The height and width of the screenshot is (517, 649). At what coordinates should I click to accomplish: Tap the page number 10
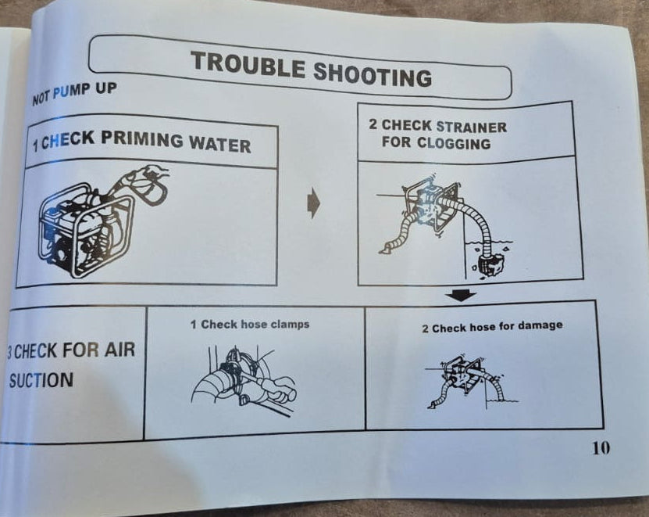click(601, 447)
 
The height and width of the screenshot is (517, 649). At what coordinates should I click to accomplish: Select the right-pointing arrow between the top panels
click(314, 203)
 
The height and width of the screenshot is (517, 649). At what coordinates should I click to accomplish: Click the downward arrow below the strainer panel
click(461, 296)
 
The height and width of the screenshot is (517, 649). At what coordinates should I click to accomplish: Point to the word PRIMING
click(141, 139)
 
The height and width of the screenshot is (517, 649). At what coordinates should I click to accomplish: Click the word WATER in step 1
click(219, 145)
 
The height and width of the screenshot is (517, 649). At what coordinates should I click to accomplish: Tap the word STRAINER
click(472, 127)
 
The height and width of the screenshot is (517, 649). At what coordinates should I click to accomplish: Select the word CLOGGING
click(454, 143)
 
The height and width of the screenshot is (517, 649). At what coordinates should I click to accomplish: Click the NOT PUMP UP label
click(74, 93)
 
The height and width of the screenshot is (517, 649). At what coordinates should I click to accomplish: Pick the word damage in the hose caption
click(540, 325)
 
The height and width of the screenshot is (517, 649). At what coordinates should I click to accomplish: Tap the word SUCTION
click(41, 380)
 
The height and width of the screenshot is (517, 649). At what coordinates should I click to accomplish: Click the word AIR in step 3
click(119, 350)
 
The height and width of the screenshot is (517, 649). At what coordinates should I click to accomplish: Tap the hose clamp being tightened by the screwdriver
click(231, 372)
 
